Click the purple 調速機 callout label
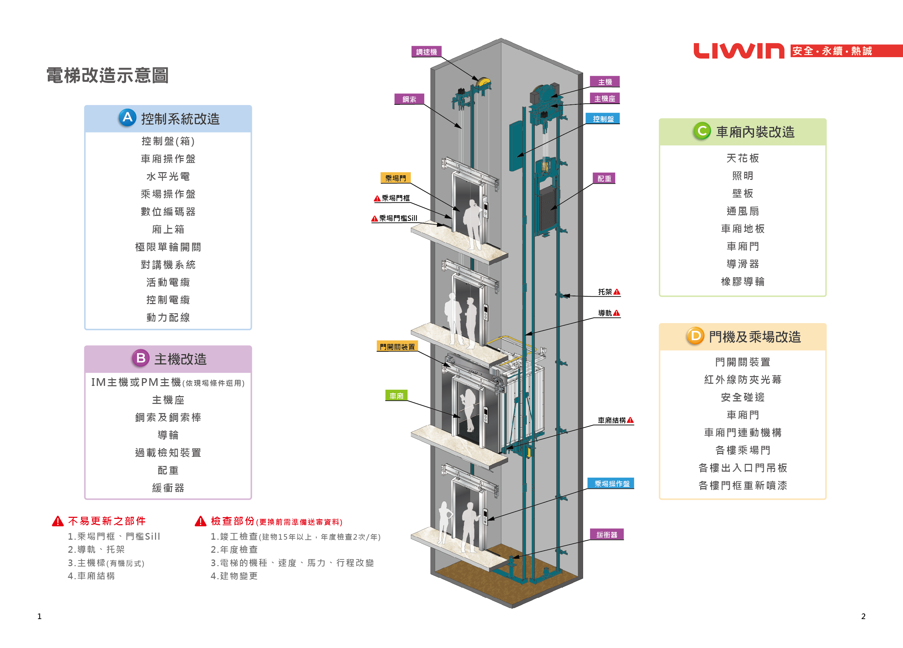point(426,52)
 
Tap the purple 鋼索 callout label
point(409,99)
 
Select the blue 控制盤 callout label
point(603,119)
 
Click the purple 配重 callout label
point(604,178)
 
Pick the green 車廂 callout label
point(396,396)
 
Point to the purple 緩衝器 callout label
point(606,534)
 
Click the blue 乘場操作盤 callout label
point(612,483)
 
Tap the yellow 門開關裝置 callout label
point(397,347)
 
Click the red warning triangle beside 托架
point(617,292)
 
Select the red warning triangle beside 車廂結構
point(630,420)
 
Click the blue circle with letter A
point(128,117)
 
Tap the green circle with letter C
point(702,131)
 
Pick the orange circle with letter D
point(695,336)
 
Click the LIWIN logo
point(738,51)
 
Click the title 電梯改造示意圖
point(107,75)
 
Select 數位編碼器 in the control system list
point(168,212)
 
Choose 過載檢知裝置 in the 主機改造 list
point(168,452)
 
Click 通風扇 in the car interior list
point(743,211)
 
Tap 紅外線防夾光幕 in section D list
point(743,380)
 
